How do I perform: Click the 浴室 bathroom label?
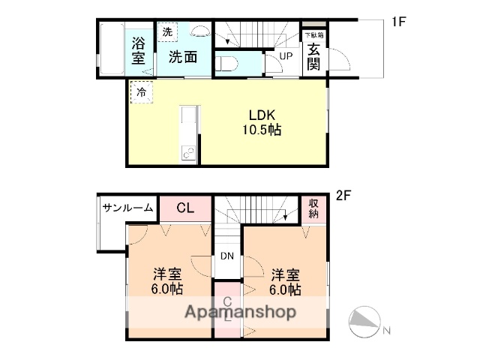[x=139, y=50]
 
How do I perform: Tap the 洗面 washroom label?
[x=181, y=57]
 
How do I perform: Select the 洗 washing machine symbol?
[x=167, y=32]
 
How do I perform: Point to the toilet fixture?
[x=226, y=63]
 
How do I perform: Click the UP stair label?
[x=286, y=56]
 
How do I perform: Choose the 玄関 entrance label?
[x=313, y=56]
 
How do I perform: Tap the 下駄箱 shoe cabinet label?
[x=314, y=35]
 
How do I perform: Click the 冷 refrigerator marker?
[x=140, y=94]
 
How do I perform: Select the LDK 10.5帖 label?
[x=261, y=122]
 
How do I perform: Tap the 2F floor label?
[x=343, y=196]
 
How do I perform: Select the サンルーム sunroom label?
[x=128, y=208]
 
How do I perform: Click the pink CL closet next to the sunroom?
[x=185, y=208]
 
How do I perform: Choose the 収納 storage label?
[x=313, y=208]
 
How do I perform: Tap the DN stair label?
[x=227, y=256]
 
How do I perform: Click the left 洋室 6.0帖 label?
[x=167, y=281]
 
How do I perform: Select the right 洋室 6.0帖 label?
[x=286, y=281]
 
